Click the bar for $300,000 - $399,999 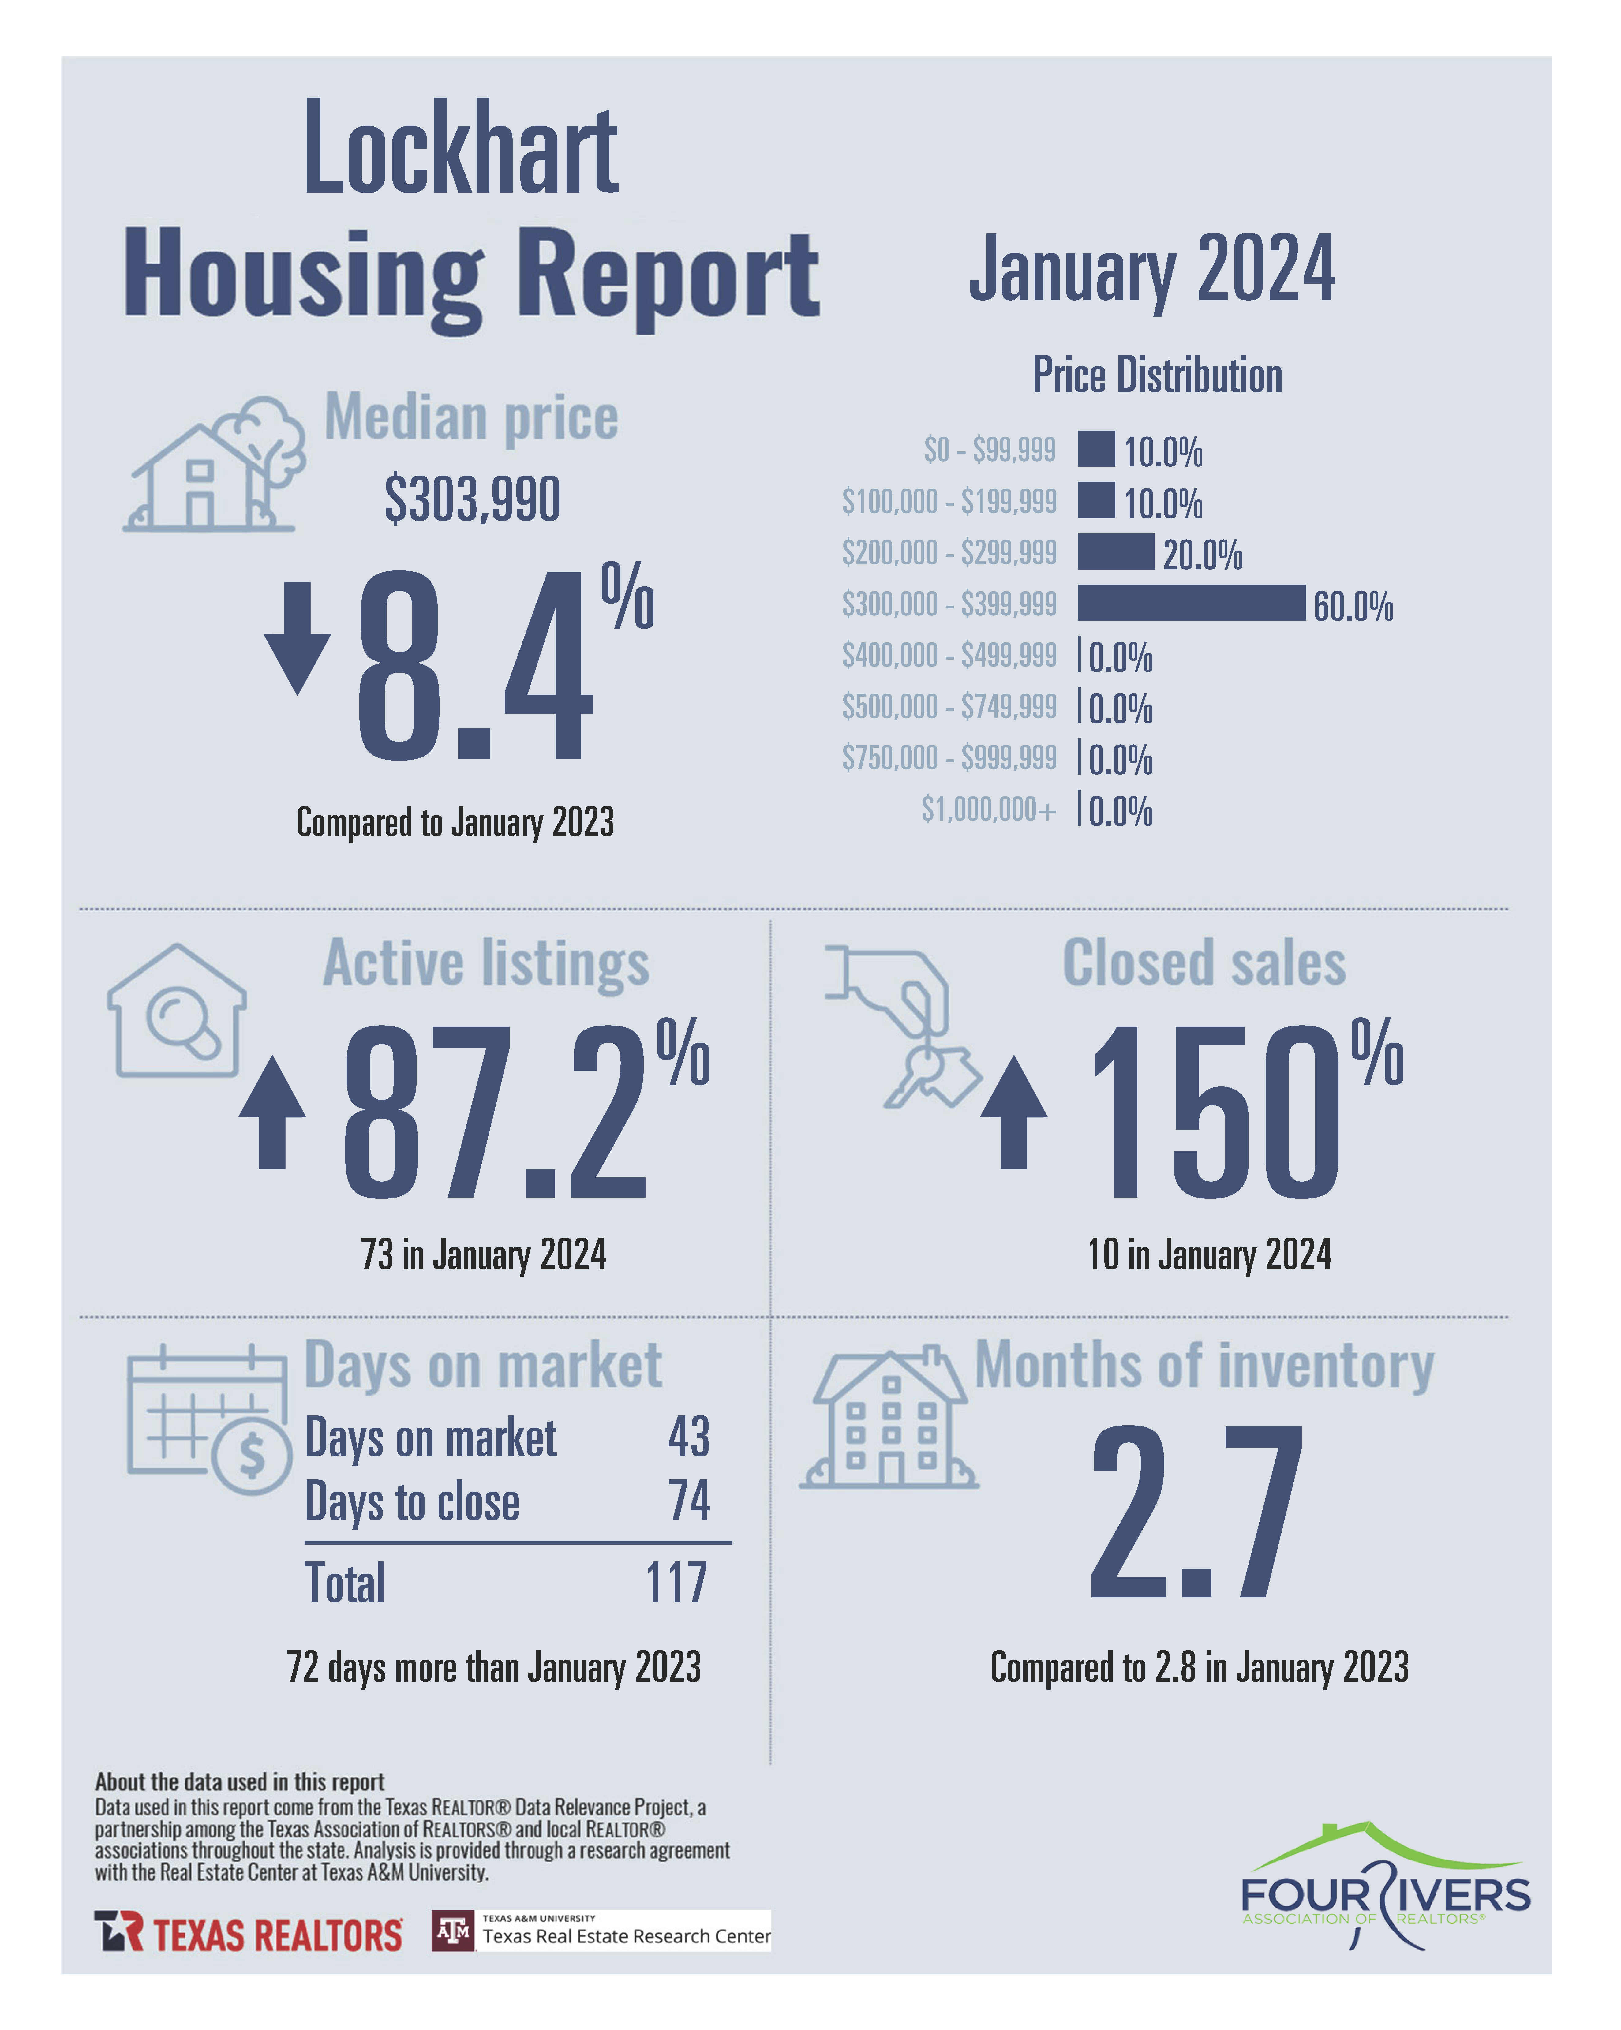1191,603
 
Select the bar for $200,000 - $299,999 1115,552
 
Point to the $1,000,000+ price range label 988,809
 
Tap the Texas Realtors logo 249,1932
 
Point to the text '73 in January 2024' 483,1254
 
